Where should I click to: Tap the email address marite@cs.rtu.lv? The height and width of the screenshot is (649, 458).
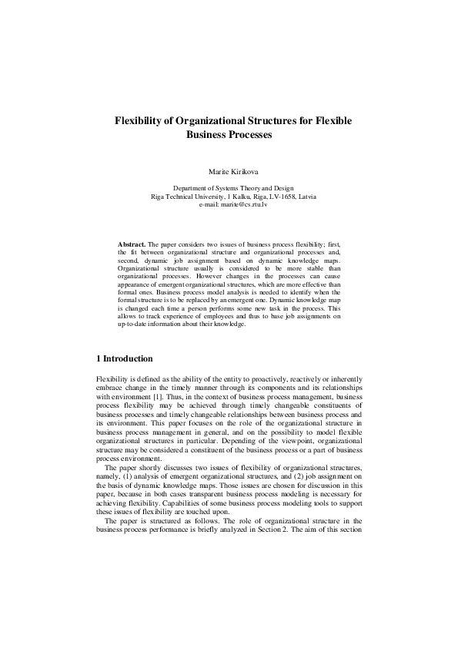pos(245,203)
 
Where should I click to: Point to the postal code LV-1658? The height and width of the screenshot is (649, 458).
pos(276,197)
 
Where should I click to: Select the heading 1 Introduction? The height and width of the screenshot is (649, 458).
pos(124,358)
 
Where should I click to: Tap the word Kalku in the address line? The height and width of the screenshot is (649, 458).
pos(232,197)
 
